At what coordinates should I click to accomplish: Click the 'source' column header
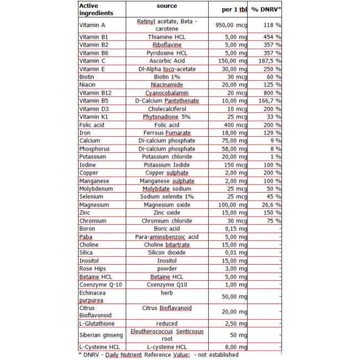coord(167,6)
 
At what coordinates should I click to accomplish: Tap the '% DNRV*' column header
coord(266,10)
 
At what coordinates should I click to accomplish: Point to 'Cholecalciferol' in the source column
coord(167,109)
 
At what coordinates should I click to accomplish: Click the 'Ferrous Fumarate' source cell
coord(167,133)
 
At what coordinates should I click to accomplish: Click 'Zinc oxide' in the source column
coord(167,213)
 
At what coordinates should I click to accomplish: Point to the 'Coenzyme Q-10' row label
coord(97,285)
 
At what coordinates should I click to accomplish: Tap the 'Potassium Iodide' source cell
coord(167,165)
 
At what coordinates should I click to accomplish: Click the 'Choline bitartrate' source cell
coord(167,245)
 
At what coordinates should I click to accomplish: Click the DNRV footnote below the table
coord(158,354)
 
